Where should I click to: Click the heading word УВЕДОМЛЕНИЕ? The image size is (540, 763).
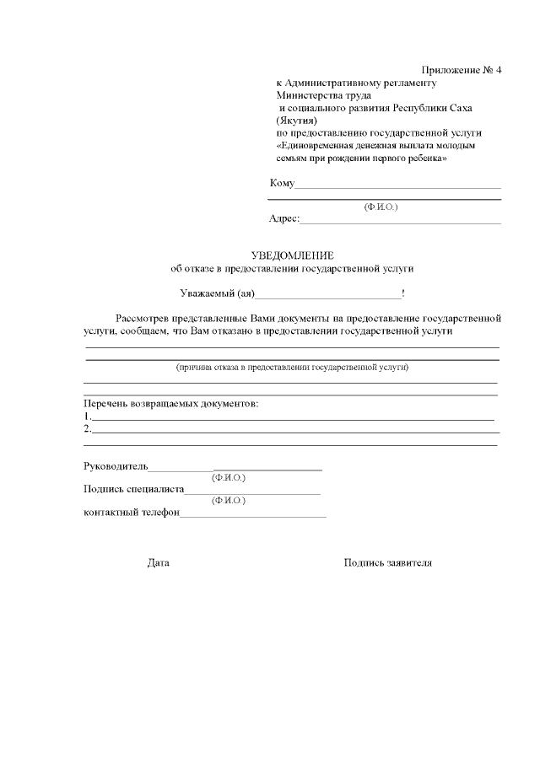click(293, 255)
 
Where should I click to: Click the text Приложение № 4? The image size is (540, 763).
click(461, 70)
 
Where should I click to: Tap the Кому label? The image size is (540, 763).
click(282, 184)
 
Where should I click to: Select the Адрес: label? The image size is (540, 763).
click(284, 218)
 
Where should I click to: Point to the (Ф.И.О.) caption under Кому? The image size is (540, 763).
click(381, 207)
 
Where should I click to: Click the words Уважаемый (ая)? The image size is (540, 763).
click(217, 293)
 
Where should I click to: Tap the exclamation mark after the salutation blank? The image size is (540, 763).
click(403, 293)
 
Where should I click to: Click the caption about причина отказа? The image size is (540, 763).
click(292, 368)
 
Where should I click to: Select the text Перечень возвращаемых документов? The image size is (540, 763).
click(170, 403)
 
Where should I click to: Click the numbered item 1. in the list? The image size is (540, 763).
click(87, 416)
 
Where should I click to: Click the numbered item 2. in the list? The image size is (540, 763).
click(87, 429)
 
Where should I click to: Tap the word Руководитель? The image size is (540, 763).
click(116, 465)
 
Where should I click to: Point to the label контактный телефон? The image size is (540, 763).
click(132, 513)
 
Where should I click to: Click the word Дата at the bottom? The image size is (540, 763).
click(158, 562)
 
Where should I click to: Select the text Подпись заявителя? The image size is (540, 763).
click(387, 562)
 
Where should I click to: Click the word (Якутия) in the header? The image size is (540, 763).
click(295, 121)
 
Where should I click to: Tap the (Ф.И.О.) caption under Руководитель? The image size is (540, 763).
click(229, 477)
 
